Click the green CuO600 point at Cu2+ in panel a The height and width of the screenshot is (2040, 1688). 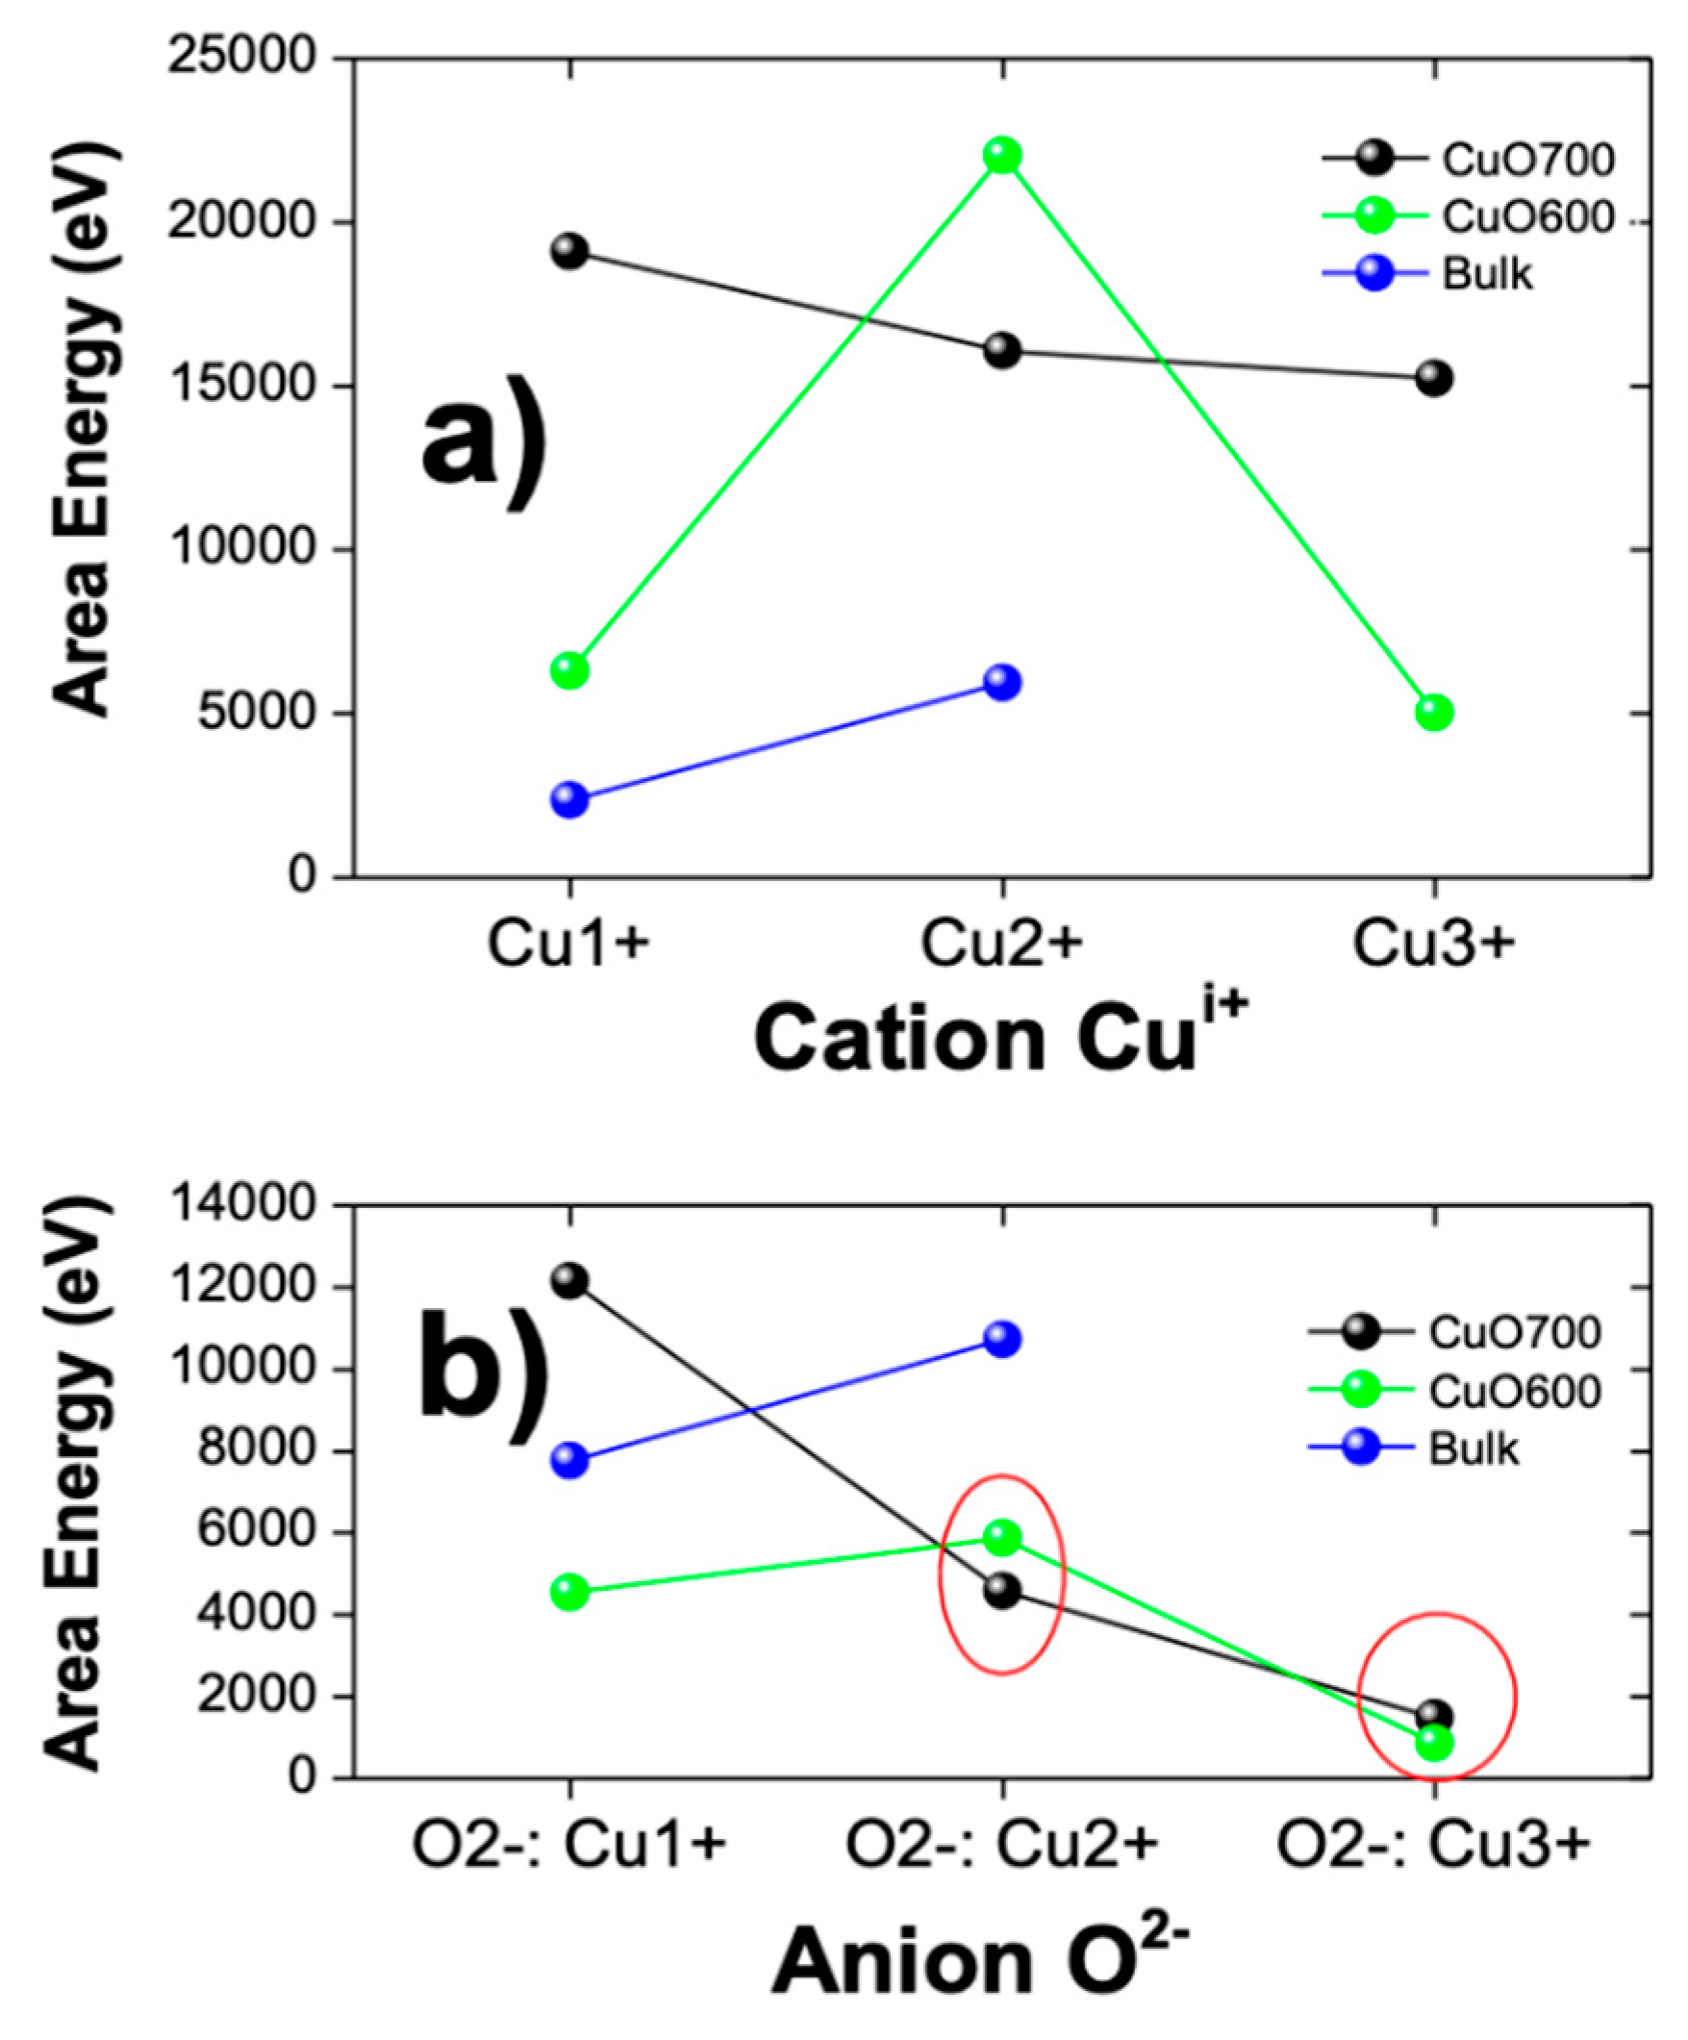[x=1002, y=156]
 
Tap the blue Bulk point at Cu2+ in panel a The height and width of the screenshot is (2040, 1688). [x=1002, y=682]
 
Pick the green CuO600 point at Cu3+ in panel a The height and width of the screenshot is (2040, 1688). [x=1434, y=713]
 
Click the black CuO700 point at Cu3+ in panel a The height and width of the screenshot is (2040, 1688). [x=1434, y=378]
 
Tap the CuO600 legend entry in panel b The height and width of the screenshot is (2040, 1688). [x=1513, y=1392]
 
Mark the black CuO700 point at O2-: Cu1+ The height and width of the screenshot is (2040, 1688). [x=569, y=1280]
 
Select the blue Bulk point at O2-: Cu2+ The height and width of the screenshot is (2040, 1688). [x=1002, y=1340]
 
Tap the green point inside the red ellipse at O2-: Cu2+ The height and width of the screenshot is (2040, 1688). [x=1002, y=1537]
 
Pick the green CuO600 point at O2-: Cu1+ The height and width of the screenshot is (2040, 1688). [x=569, y=1591]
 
